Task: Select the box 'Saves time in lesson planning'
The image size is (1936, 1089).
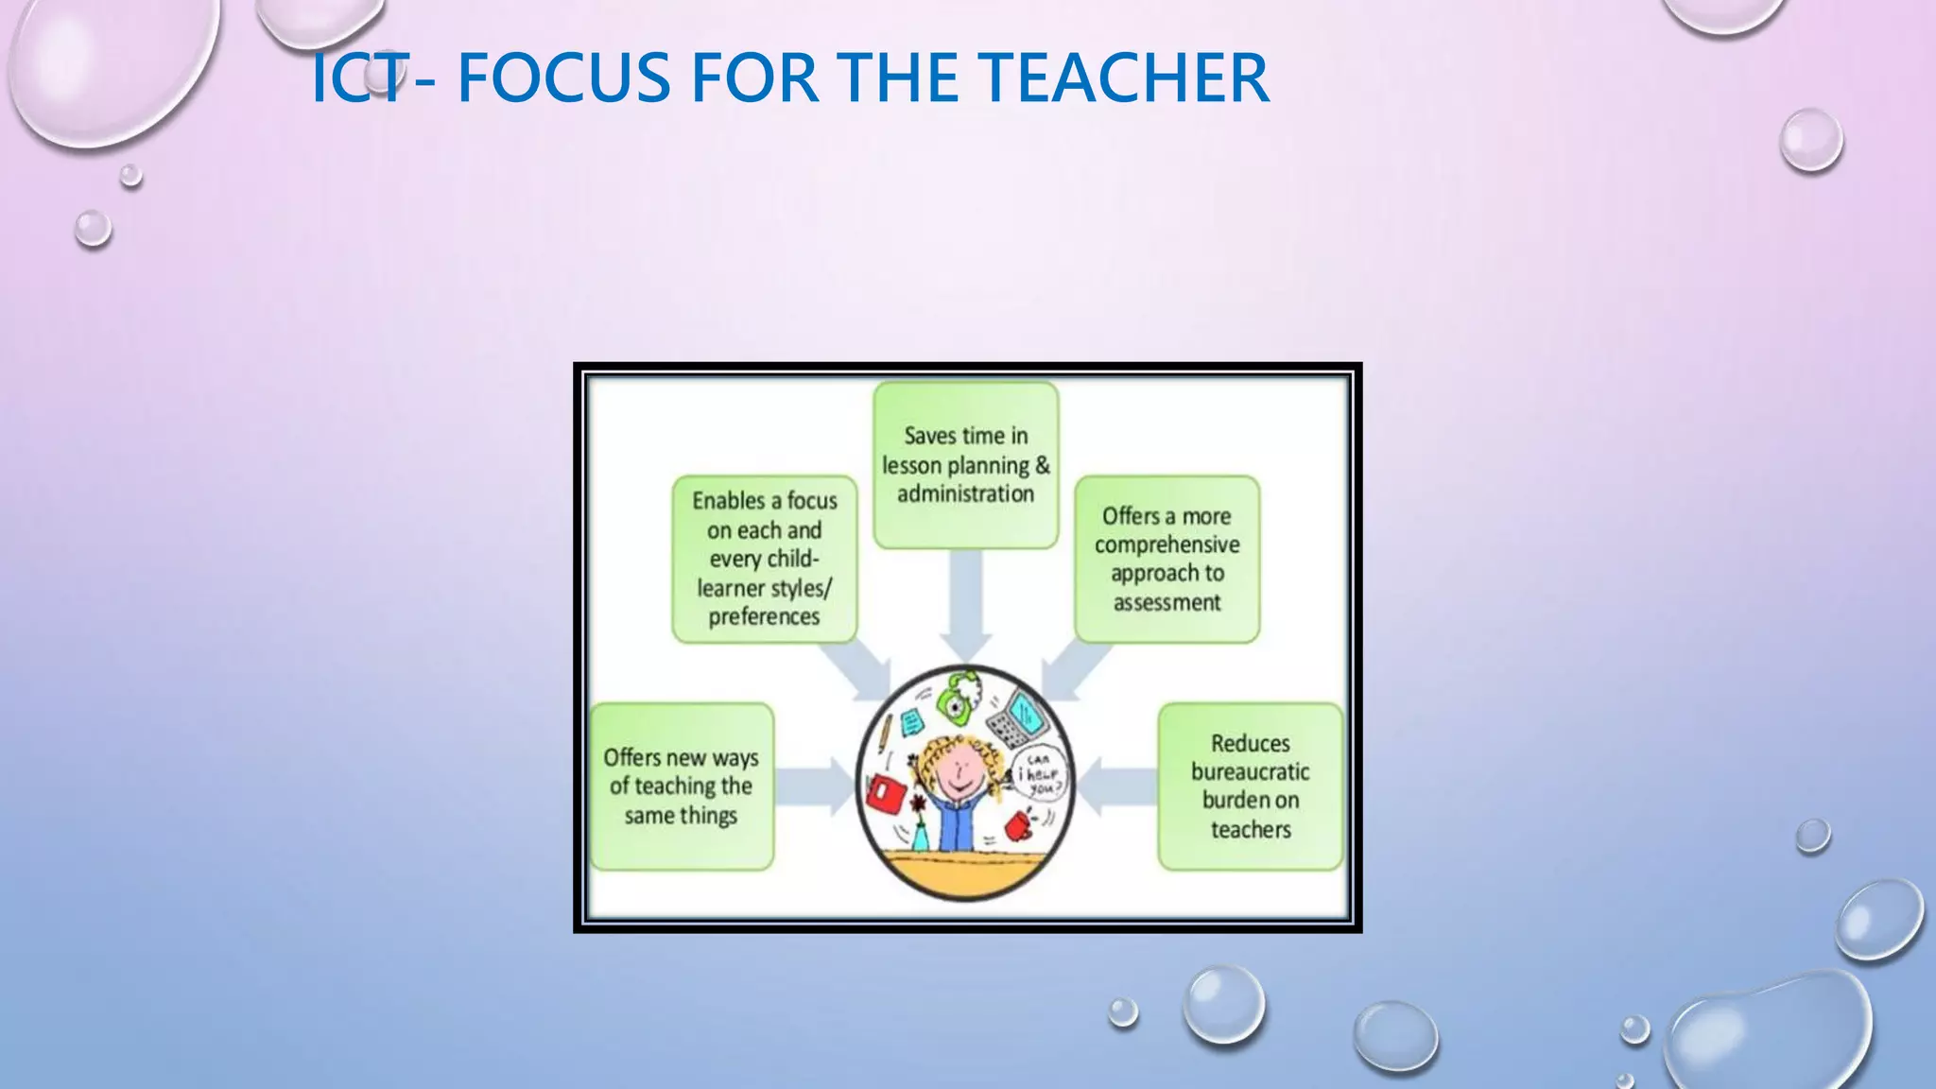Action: coord(965,464)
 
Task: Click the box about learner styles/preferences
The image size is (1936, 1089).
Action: coord(764,559)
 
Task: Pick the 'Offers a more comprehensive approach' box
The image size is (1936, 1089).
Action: coord(1167,559)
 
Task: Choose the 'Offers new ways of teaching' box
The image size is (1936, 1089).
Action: coord(682,786)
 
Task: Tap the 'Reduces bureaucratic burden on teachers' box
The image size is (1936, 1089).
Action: coord(1250,786)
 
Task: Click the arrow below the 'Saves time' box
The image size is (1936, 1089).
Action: coord(965,605)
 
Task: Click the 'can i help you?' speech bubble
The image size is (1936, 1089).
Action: coord(1039,774)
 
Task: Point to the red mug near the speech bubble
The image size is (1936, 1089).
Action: coord(1018,825)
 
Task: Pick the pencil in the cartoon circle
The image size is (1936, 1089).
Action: coord(885,734)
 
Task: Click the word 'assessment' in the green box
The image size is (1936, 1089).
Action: coord(1167,602)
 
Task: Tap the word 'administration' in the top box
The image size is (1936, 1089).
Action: coord(965,493)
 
